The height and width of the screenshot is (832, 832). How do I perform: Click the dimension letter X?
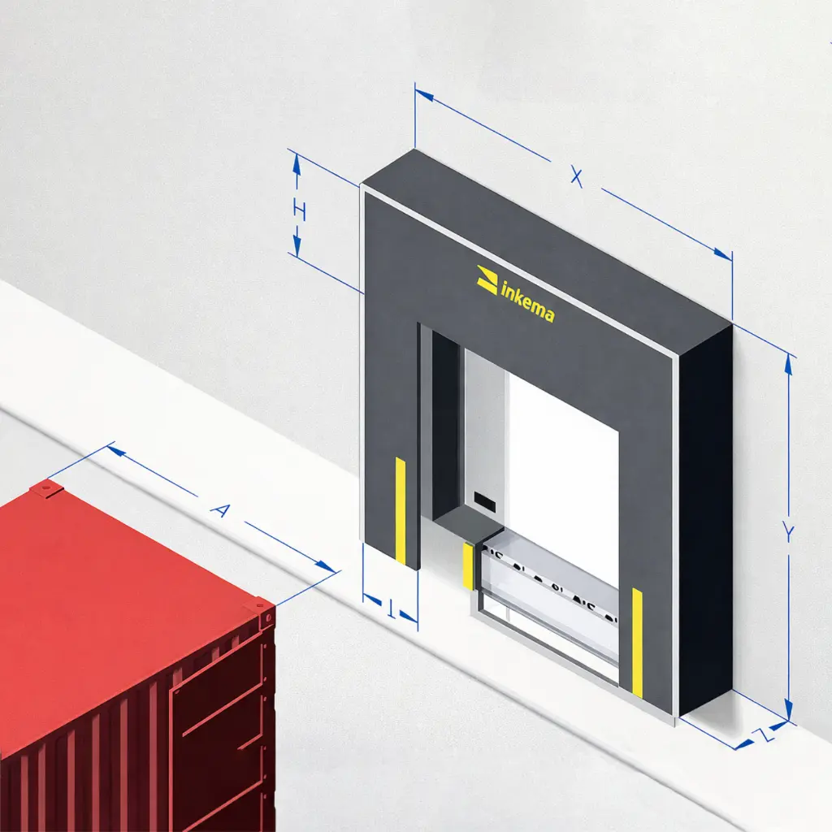coord(576,176)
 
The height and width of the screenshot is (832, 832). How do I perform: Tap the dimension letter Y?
coord(787,532)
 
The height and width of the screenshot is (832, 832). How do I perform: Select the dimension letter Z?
coord(760,736)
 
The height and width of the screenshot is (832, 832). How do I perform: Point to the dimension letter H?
coord(299,212)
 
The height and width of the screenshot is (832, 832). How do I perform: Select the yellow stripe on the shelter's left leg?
coord(400,510)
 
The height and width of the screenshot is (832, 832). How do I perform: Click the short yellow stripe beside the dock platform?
coord(468,565)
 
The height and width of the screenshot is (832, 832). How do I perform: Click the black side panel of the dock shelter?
coord(705,520)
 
